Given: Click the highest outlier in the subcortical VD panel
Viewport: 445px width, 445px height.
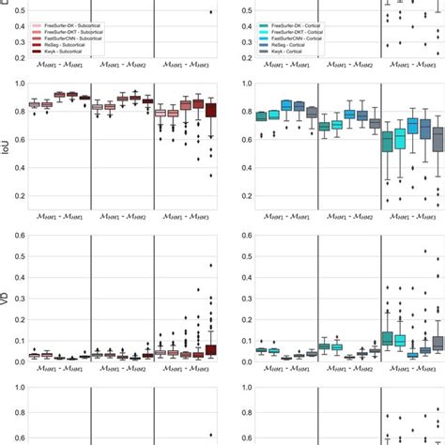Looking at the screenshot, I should click(x=210, y=266).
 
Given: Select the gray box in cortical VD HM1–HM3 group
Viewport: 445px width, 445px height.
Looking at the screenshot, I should click(x=437, y=343).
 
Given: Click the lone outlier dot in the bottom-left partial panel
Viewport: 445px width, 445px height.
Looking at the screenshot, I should click(x=210, y=435).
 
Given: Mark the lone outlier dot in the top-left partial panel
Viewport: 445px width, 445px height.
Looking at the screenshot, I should click(x=210, y=12).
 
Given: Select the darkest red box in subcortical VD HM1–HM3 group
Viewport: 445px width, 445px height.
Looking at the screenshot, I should click(x=210, y=349).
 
